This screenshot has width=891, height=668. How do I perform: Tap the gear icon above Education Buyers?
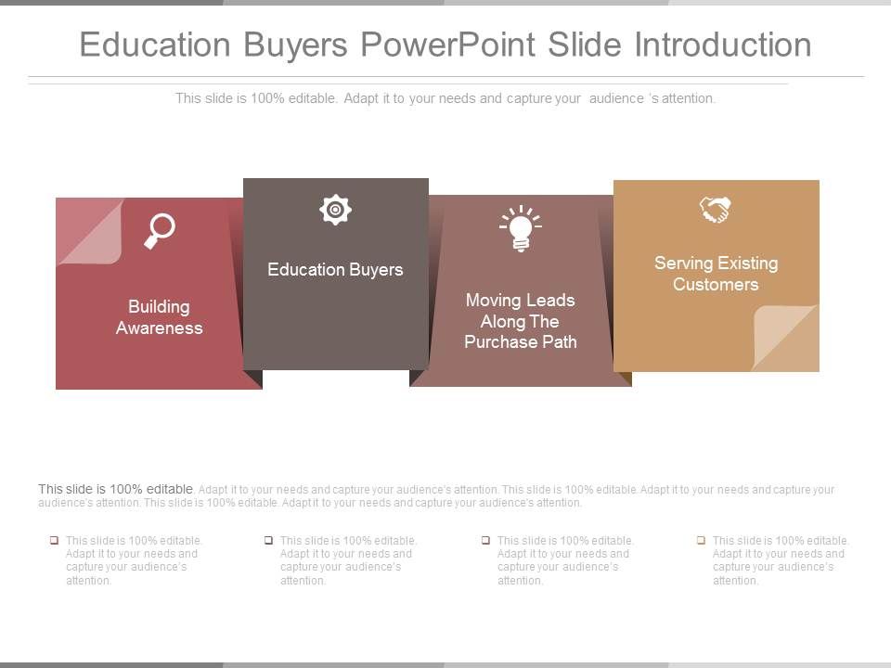(335, 210)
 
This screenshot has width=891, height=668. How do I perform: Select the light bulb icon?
(520, 228)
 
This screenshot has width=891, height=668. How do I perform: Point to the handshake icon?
(716, 210)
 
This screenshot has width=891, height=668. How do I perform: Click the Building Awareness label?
(159, 317)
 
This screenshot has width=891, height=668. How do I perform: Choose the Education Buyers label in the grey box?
(335, 270)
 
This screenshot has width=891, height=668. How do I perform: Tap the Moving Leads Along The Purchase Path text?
(520, 321)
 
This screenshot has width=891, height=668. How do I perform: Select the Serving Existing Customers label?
(716, 274)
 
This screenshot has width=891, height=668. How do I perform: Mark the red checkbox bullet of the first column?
(55, 540)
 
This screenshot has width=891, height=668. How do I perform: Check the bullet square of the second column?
(268, 540)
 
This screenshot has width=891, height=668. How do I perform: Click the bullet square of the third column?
(485, 540)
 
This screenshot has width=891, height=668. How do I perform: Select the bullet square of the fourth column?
(702, 540)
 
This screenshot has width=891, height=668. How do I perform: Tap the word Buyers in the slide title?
(297, 45)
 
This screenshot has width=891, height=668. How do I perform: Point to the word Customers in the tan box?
(716, 285)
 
